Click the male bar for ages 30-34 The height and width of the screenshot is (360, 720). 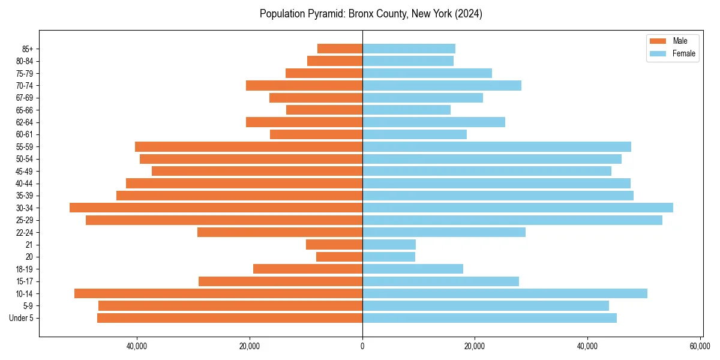(216, 208)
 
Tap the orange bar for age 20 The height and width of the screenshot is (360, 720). (340, 257)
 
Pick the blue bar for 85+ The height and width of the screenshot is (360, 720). (409, 49)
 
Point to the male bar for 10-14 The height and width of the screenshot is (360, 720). (218, 293)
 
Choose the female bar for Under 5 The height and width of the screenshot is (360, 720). (489, 318)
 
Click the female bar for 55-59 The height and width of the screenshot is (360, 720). (496, 146)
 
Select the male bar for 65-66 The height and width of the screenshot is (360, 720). (325, 110)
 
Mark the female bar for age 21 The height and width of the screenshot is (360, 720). (389, 245)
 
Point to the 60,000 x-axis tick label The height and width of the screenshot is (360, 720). (700, 346)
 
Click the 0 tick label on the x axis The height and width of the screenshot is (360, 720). (362, 346)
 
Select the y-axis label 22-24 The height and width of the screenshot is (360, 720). (25, 233)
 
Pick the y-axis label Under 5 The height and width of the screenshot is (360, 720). (22, 318)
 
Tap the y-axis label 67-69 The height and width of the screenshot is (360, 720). (25, 98)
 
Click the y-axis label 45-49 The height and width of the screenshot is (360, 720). (25, 171)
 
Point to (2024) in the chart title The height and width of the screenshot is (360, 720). (469, 14)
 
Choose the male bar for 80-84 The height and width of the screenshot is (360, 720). (335, 61)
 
